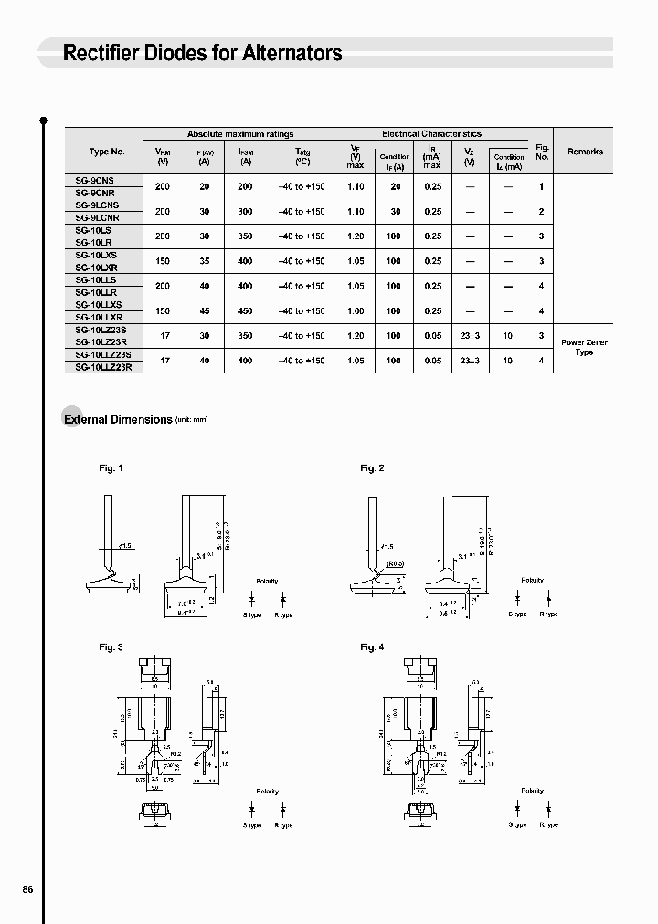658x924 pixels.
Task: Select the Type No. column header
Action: pyautogui.click(x=107, y=152)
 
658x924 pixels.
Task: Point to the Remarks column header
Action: pyautogui.click(x=585, y=152)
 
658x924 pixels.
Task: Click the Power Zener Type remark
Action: pyautogui.click(x=584, y=347)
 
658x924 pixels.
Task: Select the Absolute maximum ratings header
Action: pyautogui.click(x=240, y=134)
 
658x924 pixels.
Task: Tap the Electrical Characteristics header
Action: pyautogui.click(x=431, y=134)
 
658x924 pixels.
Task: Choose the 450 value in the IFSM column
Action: pyautogui.click(x=245, y=310)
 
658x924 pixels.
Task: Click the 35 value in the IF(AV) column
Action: pyautogui.click(x=204, y=261)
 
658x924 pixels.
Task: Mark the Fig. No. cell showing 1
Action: pyautogui.click(x=542, y=186)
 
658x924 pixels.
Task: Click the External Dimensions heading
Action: pyautogui.click(x=117, y=419)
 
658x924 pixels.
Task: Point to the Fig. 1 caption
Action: pyautogui.click(x=111, y=468)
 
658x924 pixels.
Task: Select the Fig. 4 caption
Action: pyautogui.click(x=372, y=647)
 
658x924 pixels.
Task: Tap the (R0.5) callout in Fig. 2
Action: pyautogui.click(x=395, y=563)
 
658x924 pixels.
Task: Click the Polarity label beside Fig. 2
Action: pyautogui.click(x=532, y=580)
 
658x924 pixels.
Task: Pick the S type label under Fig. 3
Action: pyautogui.click(x=252, y=825)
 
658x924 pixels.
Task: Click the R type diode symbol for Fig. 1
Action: pyautogui.click(x=283, y=599)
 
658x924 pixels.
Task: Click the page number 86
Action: pyautogui.click(x=27, y=889)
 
